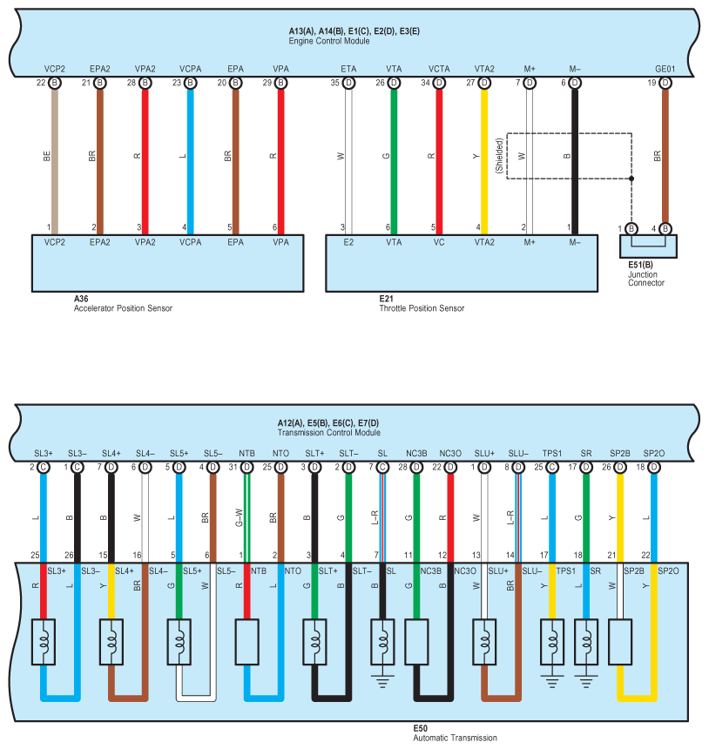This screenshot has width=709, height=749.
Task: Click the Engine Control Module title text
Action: (x=329, y=41)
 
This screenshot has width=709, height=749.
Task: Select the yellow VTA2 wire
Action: (x=484, y=157)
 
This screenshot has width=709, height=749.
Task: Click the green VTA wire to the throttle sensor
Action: (x=394, y=157)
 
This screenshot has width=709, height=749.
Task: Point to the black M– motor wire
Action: (x=574, y=157)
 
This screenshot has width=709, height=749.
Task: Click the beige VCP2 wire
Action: (x=54, y=157)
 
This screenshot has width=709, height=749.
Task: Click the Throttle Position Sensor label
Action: (x=422, y=308)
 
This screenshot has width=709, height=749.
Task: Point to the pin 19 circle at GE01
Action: (x=665, y=83)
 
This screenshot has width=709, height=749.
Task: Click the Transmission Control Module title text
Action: (x=329, y=432)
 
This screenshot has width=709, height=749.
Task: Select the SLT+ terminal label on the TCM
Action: (x=314, y=453)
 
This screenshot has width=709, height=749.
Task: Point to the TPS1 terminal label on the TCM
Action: (x=550, y=453)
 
